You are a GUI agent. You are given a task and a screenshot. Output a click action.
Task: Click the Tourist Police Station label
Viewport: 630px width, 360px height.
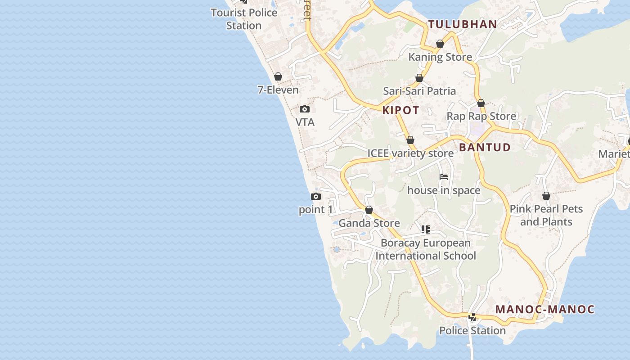[244, 19]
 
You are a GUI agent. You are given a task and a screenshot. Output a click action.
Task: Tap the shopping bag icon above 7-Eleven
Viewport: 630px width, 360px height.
[278, 76]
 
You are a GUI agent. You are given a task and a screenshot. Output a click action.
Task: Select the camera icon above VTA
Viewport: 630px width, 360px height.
[305, 109]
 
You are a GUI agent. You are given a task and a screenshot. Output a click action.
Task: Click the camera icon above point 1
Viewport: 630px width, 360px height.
[316, 196]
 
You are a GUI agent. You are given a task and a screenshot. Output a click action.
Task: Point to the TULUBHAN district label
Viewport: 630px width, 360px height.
[463, 24]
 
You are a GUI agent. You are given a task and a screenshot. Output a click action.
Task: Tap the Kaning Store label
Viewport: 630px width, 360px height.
[440, 57]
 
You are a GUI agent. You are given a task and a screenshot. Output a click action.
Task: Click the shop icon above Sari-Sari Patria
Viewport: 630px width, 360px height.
[419, 78]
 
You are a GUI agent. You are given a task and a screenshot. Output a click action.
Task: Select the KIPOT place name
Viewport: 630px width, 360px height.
[401, 110]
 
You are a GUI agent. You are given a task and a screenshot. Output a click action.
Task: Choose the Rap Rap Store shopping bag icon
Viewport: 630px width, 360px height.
[481, 103]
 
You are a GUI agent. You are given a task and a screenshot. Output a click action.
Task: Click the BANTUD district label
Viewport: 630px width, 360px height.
[485, 147]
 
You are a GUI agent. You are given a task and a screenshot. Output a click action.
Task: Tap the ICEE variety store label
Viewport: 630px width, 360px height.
[410, 153]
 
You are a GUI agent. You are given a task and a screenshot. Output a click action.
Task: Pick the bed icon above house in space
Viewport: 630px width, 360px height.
[444, 177]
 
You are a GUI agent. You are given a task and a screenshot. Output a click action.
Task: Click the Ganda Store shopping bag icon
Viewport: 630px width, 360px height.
[369, 210]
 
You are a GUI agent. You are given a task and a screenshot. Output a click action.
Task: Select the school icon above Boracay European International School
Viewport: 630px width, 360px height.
[426, 229]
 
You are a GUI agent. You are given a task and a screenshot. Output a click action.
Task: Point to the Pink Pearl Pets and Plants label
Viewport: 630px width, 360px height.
[546, 215]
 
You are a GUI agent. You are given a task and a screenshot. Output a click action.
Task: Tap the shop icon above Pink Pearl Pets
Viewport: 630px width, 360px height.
[546, 196]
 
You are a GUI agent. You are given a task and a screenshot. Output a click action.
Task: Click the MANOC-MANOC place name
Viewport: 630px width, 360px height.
[545, 309]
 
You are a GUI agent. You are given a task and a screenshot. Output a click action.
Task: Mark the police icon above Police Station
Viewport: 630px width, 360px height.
[472, 317]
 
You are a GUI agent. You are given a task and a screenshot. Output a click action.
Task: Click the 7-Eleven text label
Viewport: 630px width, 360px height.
[278, 90]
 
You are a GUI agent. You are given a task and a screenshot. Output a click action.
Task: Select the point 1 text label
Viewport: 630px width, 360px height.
[316, 210]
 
